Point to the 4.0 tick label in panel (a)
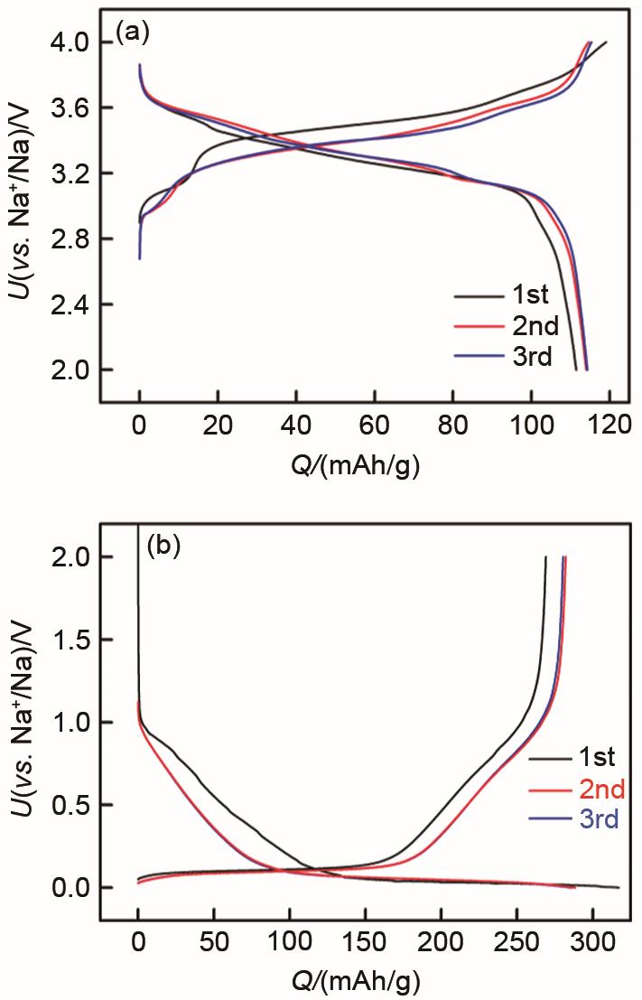[x=70, y=42]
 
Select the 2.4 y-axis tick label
[x=70, y=304]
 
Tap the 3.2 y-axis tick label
[x=70, y=173]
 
